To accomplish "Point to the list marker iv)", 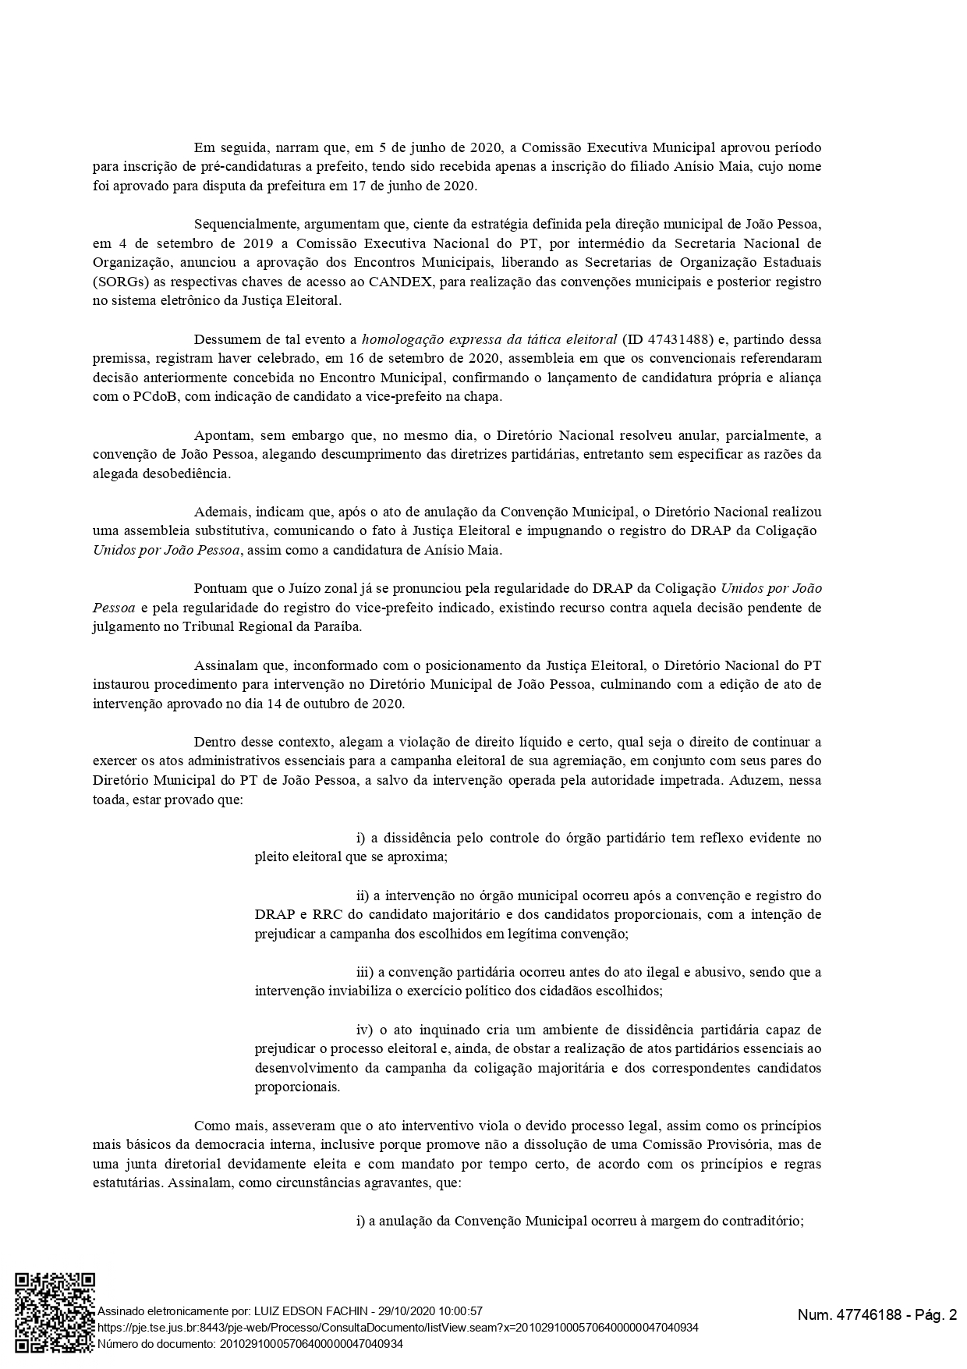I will tap(366, 1030).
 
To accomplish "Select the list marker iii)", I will tap(366, 972).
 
